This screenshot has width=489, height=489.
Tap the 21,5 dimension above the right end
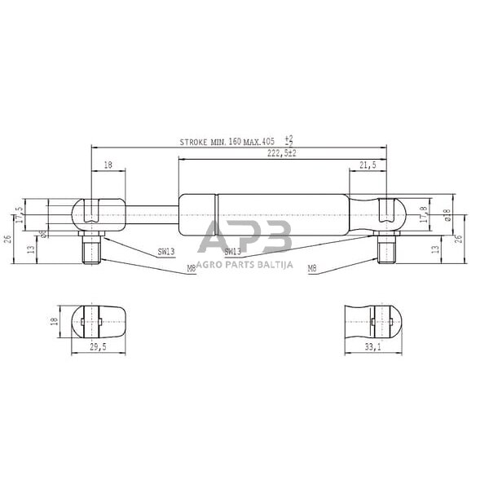[x=368, y=165]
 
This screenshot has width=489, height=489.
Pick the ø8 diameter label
[x=42, y=234]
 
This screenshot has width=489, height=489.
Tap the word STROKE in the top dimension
[x=194, y=142]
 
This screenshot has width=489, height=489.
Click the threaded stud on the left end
[x=90, y=248]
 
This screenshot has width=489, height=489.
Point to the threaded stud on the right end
[x=385, y=248]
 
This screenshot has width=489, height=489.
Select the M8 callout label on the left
[x=191, y=267]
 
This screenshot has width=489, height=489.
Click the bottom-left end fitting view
[x=100, y=322]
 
